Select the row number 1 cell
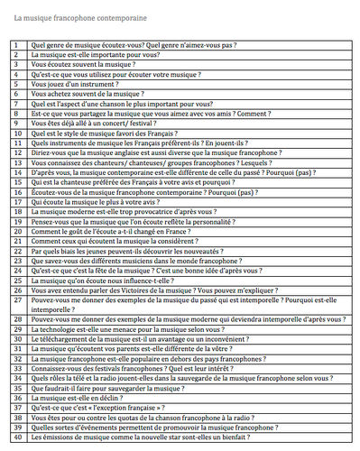click(x=16, y=43)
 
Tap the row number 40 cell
click(x=16, y=437)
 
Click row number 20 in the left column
click(x=16, y=231)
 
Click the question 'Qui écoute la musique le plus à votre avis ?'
click(x=100, y=201)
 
